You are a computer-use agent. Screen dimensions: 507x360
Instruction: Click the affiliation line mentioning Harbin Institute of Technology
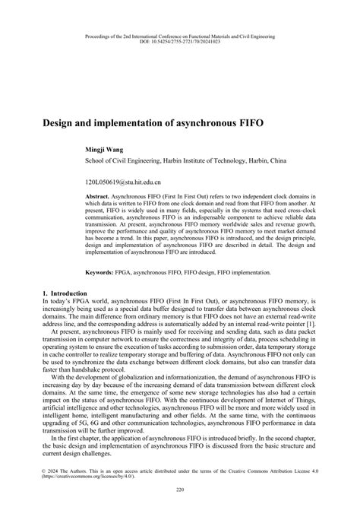click(x=185, y=161)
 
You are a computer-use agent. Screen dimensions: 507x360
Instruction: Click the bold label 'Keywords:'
click(x=106, y=271)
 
